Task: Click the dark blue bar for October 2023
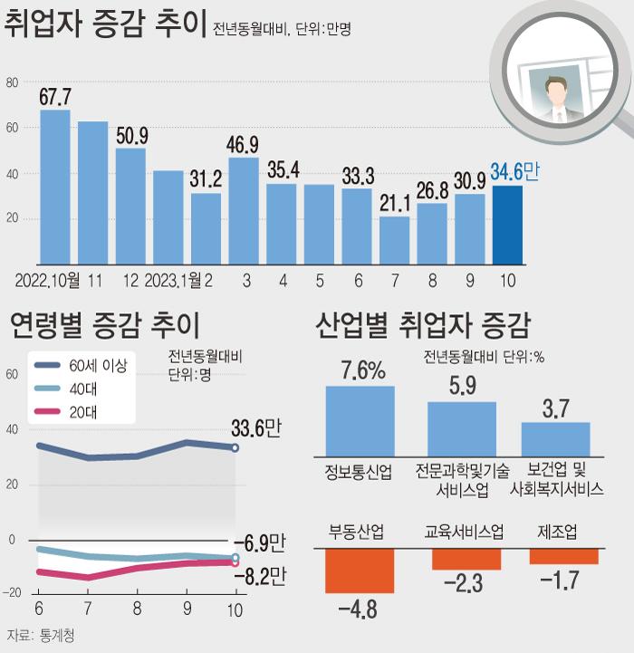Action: coord(507,226)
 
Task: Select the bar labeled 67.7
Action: coord(55,187)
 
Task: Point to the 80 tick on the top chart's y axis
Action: coord(12,83)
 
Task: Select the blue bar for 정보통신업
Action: coord(360,421)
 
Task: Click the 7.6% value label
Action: coord(363,370)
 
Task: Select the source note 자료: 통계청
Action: coord(41,635)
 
